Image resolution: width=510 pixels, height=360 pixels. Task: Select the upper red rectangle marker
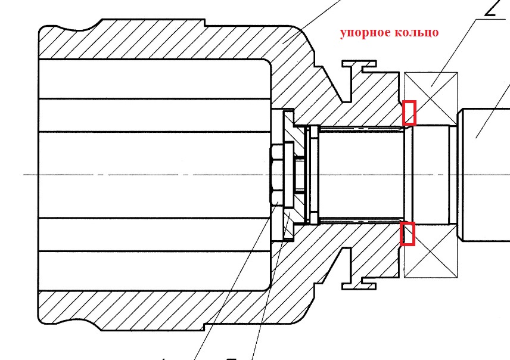409,113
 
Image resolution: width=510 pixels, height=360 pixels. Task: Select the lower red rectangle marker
408,233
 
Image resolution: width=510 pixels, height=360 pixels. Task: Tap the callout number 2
492,8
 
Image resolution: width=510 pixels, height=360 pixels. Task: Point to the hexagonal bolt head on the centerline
276,175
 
